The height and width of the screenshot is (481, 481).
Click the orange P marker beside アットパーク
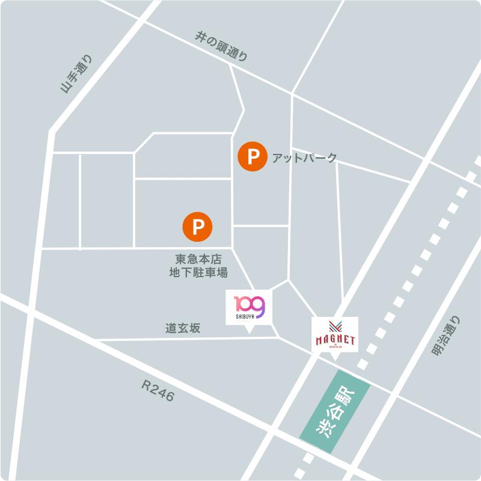pyautogui.click(x=253, y=158)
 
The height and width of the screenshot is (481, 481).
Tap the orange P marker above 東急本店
pyautogui.click(x=198, y=226)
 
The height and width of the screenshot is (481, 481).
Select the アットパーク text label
pyautogui.click(x=305, y=158)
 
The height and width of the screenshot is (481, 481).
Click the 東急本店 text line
pyautogui.click(x=198, y=260)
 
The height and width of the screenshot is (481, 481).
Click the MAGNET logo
pyautogui.click(x=335, y=338)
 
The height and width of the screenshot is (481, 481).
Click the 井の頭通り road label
pyautogui.click(x=221, y=46)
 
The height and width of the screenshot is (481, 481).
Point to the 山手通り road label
pyautogui.click(x=78, y=74)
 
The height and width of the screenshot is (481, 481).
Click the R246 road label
pyautogui.click(x=158, y=393)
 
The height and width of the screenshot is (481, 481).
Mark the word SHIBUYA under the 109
pyautogui.click(x=245, y=315)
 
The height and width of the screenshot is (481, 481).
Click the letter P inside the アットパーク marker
pyautogui.click(x=253, y=158)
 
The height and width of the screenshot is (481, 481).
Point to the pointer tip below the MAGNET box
pyautogui.click(x=335, y=359)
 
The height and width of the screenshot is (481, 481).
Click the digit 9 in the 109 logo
pyautogui.click(x=257, y=305)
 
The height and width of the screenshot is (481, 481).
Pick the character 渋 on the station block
pyautogui.click(x=325, y=429)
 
